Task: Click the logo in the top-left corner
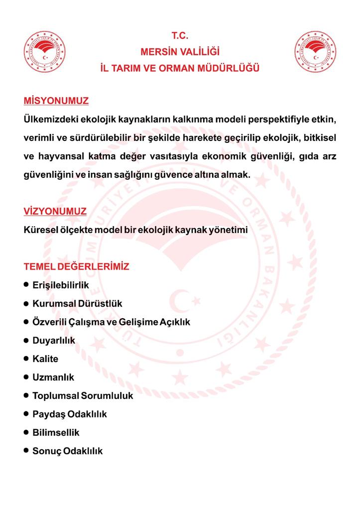pos(45,52)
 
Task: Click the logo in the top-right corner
pos(315,52)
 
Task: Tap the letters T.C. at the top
pos(180,36)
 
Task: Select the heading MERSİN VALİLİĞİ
pos(180,52)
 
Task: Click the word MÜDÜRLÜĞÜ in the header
pos(232,68)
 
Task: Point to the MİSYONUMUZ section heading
pos(56,101)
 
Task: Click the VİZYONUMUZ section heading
pos(55,211)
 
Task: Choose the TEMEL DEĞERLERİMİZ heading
pos(76,266)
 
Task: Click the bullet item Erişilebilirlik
pos(60,285)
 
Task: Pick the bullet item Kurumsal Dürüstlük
pos(77,303)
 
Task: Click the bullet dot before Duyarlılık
pos(26,340)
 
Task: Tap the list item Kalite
pos(45,359)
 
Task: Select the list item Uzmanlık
pos(53,377)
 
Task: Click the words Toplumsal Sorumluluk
pos(83,396)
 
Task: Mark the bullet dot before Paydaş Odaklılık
pos(26,413)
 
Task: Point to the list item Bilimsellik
pos(56,432)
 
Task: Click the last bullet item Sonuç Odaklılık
pos(67,451)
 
